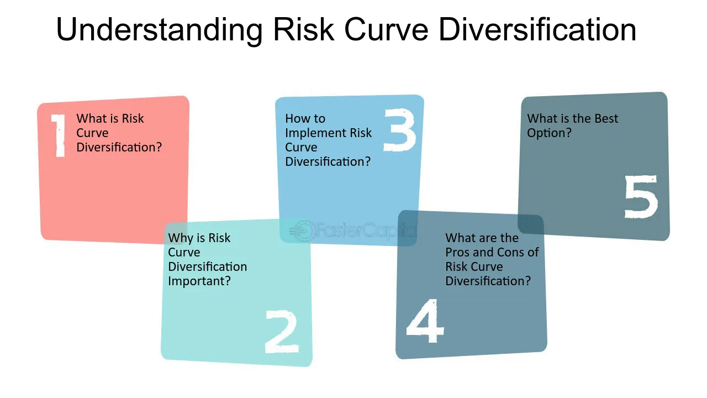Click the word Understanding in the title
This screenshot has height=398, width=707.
160,30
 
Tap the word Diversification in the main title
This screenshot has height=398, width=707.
537,30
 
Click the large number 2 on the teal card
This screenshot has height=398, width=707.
282,331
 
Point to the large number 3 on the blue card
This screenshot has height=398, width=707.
399,130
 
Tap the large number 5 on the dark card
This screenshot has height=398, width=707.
641,196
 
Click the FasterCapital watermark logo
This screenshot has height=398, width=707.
353,231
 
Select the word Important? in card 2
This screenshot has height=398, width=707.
199,281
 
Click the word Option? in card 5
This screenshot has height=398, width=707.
549,133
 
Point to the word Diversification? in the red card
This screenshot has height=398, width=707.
119,147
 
